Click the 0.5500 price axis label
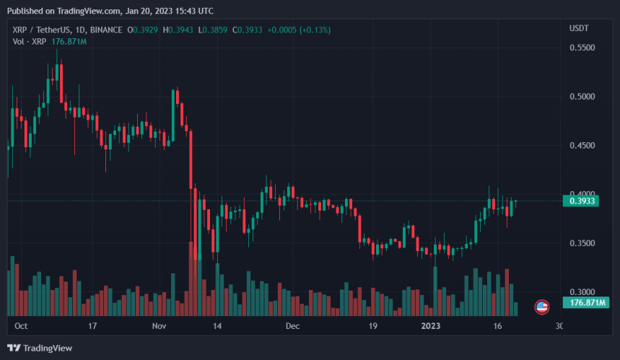point(582,48)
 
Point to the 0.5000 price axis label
point(582,97)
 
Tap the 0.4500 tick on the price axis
point(582,146)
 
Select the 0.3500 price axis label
point(582,244)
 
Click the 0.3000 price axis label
point(582,292)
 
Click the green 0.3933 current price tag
point(582,201)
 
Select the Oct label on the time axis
point(21,326)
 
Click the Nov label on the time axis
point(160,326)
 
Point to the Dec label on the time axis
point(292,326)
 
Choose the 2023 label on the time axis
point(432,326)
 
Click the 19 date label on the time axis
point(373,326)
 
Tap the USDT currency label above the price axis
point(579,28)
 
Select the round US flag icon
point(541,307)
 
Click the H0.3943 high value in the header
point(180,30)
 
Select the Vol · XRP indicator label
point(28,42)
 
